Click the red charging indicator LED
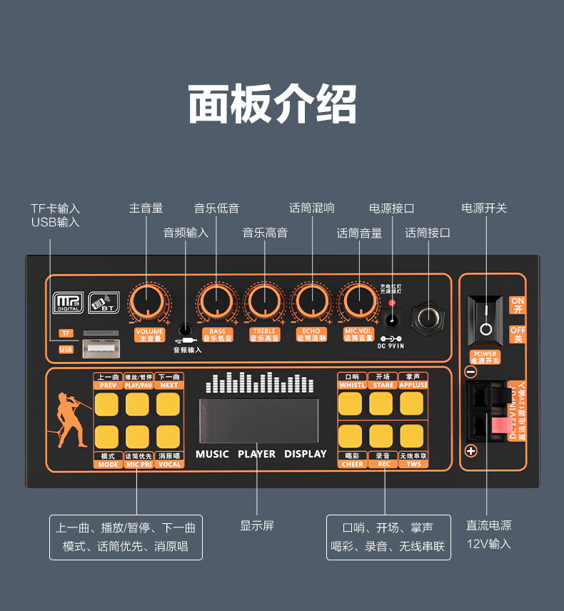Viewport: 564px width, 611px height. click(391, 303)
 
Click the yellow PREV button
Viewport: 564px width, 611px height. click(107, 404)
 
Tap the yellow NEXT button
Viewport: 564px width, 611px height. click(168, 404)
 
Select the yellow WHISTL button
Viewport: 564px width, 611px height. click(350, 404)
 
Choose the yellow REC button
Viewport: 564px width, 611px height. click(381, 435)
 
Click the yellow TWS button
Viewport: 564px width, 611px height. click(412, 435)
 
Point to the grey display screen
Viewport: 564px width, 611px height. click(258, 421)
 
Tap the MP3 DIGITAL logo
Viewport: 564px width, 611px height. click(68, 304)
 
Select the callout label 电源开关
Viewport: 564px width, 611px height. click(484, 208)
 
